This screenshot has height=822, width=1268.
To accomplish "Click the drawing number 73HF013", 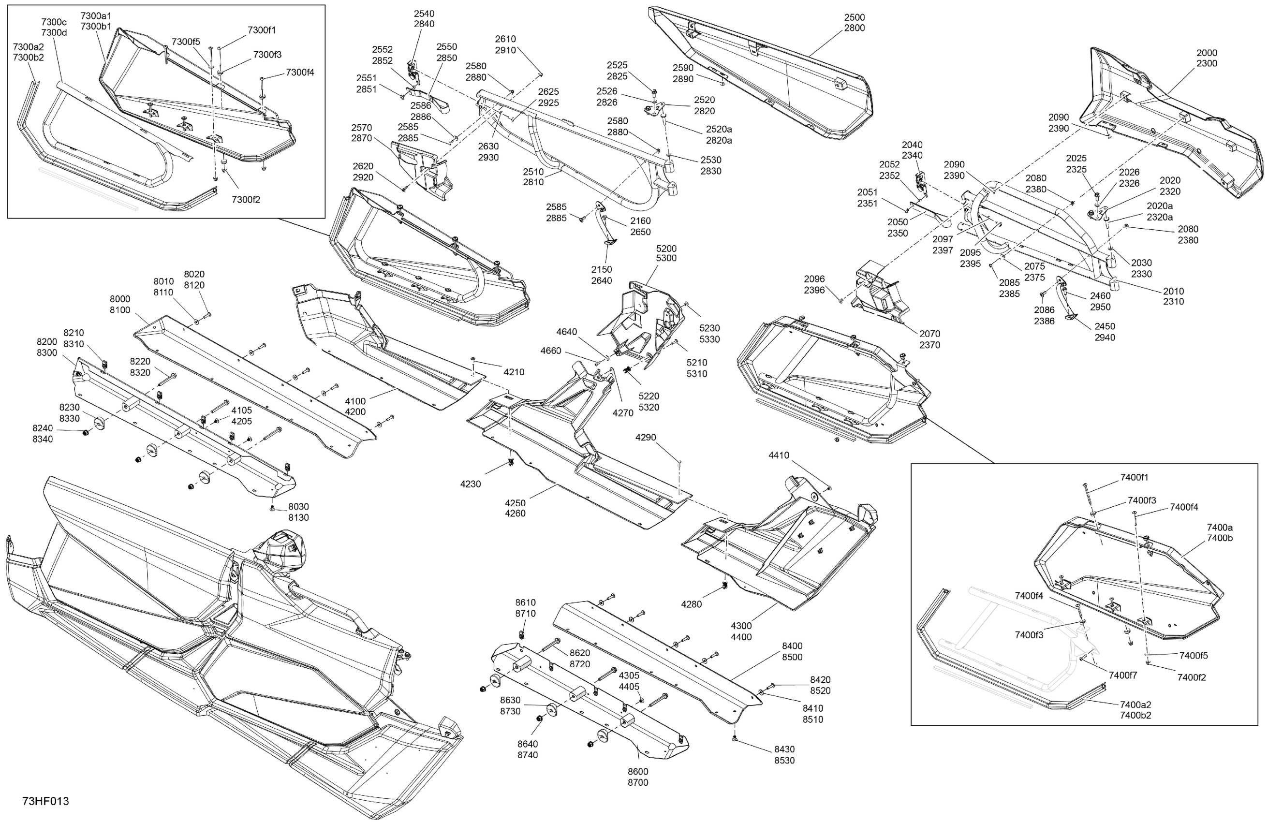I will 46,801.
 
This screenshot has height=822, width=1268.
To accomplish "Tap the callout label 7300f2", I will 246,199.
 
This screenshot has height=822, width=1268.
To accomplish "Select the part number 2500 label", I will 855,17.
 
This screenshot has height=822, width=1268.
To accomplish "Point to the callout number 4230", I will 471,484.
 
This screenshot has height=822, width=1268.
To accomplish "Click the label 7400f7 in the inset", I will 1123,675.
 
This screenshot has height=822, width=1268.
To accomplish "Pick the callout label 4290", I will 646,438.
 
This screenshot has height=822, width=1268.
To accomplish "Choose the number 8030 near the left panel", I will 298,507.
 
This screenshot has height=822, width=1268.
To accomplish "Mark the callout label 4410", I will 779,455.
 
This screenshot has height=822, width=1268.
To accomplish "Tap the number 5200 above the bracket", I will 666,248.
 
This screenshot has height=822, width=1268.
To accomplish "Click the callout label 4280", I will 692,604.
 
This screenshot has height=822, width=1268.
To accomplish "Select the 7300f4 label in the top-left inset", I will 300,73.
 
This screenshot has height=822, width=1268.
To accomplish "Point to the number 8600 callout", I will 638,771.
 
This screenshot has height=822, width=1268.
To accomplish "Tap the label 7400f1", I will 1134,477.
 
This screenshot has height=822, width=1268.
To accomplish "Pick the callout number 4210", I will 514,372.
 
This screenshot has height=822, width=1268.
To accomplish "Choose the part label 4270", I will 623,413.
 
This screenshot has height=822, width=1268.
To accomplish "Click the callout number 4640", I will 566,332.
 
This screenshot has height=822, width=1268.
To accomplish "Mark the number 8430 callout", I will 784,749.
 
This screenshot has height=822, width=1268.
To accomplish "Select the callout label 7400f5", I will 1194,656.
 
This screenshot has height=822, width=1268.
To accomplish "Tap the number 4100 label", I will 355,401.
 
